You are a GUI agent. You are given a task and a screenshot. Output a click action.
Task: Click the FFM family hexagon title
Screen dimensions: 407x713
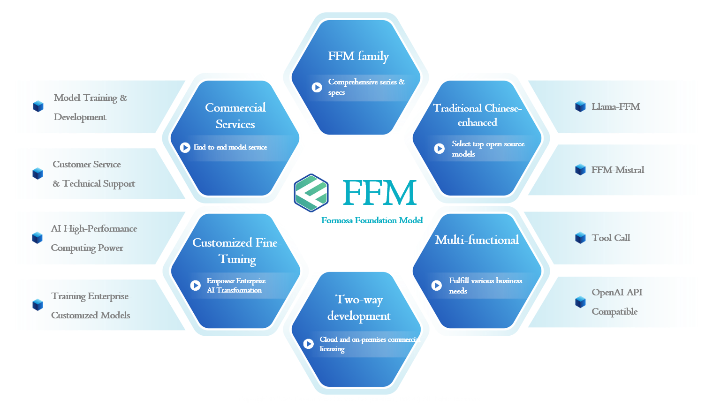[358, 56]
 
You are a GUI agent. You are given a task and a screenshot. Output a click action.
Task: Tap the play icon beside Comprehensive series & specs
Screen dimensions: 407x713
[317, 87]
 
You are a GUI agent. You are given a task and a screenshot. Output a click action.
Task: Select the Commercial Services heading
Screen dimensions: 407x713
[235, 116]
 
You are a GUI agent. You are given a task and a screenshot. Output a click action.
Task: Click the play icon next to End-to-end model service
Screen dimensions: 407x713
[185, 147]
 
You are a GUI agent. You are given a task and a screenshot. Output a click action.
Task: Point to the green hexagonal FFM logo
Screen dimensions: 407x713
[311, 193]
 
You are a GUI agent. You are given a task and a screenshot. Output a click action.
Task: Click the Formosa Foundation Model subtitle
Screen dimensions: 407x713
[372, 220]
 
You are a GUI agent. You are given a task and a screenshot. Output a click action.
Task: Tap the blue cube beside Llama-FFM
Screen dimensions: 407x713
[580, 106]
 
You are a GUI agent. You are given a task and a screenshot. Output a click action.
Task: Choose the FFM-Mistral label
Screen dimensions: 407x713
[617, 170]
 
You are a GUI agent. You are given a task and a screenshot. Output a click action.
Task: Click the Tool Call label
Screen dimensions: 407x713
[611, 238]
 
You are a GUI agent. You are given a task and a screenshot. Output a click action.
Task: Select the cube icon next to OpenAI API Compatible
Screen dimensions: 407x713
[580, 302]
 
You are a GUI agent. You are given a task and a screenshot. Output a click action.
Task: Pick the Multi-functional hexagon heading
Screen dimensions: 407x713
[477, 240]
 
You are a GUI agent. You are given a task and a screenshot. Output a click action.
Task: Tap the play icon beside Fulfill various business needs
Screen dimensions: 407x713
[437, 285]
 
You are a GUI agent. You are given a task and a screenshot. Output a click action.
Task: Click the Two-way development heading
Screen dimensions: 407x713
[359, 308]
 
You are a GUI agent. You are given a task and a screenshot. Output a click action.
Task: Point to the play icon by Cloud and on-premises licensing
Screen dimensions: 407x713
[309, 344]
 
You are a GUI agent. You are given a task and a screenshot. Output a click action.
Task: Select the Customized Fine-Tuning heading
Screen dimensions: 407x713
[237, 251]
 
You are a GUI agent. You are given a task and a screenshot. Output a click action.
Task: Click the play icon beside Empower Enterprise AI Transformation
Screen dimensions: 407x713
[196, 285]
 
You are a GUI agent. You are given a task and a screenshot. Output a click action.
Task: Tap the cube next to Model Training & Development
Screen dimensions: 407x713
[38, 106]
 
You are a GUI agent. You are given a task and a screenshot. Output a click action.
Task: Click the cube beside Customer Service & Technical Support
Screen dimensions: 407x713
[38, 173]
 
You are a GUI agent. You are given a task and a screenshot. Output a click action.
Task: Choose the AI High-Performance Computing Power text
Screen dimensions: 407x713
[94, 238]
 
